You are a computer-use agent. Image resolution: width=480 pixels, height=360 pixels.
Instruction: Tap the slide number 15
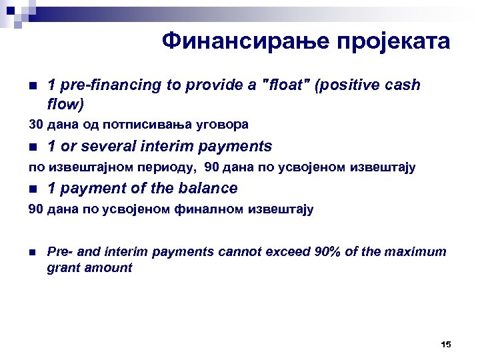click(x=446, y=344)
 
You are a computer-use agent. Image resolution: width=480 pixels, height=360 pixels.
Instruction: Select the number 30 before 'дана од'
click(x=35, y=125)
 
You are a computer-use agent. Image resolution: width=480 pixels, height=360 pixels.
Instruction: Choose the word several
click(x=113, y=147)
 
